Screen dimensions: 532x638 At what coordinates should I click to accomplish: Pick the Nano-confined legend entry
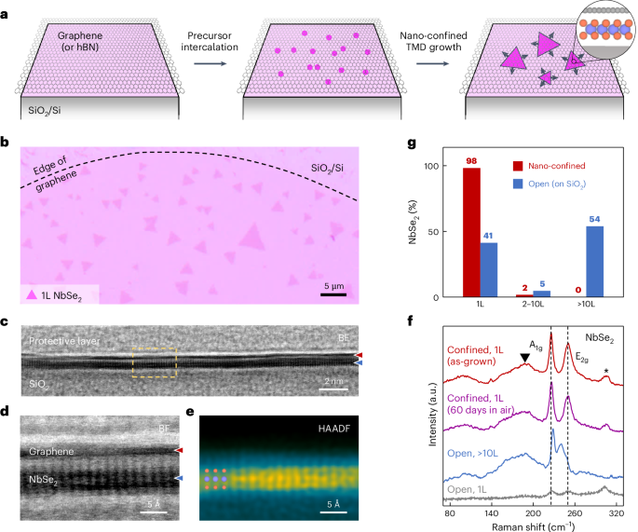coord(553,165)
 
